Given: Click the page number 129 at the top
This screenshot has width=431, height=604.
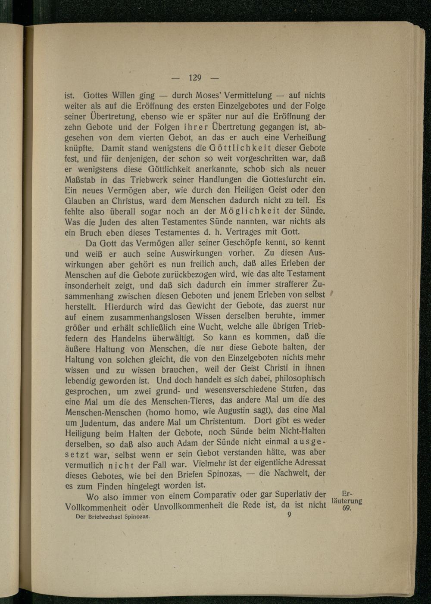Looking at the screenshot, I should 195,78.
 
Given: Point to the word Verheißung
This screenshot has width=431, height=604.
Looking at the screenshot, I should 303,137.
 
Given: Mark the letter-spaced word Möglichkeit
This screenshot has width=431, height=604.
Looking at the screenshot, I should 250,211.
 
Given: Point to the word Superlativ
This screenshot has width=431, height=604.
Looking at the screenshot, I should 294,494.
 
